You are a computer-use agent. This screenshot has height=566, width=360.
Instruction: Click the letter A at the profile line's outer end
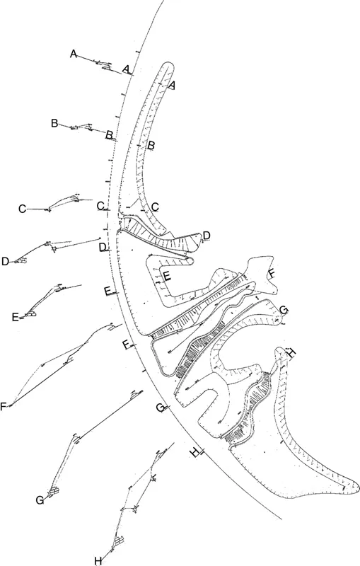[x=73, y=54]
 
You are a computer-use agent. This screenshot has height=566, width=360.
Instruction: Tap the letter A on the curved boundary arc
[x=126, y=69]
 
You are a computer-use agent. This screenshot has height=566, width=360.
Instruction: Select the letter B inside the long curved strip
[x=150, y=145]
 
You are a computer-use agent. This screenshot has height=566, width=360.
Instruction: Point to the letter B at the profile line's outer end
[x=54, y=123]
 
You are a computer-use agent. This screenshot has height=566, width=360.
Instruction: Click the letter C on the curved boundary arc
[x=100, y=205]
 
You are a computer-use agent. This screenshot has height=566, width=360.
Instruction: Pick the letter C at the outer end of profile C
[x=22, y=209]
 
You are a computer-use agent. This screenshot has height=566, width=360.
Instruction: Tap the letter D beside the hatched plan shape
[x=206, y=235]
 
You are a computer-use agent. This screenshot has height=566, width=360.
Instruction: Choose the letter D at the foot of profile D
[x=5, y=262]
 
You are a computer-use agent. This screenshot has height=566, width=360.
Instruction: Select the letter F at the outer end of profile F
[x=4, y=406]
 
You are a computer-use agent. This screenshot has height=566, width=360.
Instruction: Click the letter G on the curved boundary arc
[x=160, y=408]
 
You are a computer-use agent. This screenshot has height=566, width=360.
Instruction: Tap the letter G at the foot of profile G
[x=40, y=500]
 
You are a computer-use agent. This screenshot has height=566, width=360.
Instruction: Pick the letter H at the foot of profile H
[x=98, y=561]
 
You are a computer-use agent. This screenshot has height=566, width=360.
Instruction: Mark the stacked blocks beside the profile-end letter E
[x=30, y=313]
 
